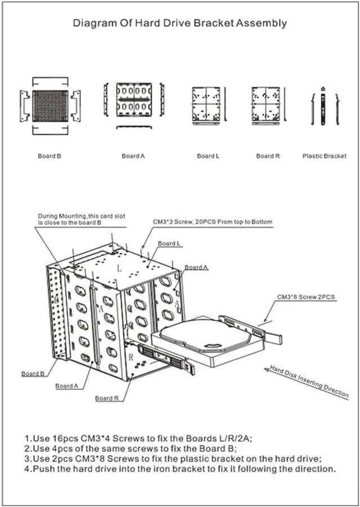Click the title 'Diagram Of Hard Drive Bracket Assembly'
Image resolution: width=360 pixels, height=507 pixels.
click(180, 24)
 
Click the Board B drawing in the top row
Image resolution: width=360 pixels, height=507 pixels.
click(49, 105)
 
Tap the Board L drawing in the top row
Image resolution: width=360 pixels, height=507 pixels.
click(206, 105)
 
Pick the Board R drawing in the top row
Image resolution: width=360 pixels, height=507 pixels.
click(265, 105)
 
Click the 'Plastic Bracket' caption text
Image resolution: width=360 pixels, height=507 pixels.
click(324, 156)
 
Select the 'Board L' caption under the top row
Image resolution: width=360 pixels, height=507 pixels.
click(208, 156)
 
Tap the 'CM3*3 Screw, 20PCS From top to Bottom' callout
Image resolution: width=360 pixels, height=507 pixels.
click(213, 222)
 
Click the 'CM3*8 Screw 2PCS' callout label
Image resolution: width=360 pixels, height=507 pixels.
click(307, 297)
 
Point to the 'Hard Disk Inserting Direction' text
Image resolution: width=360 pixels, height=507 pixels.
click(309, 382)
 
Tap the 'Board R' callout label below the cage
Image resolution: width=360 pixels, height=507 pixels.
click(107, 398)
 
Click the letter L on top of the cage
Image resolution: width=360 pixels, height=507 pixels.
click(119, 270)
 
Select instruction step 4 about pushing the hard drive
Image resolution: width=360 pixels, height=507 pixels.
click(180, 469)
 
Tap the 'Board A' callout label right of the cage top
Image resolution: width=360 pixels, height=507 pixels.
click(196, 267)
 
